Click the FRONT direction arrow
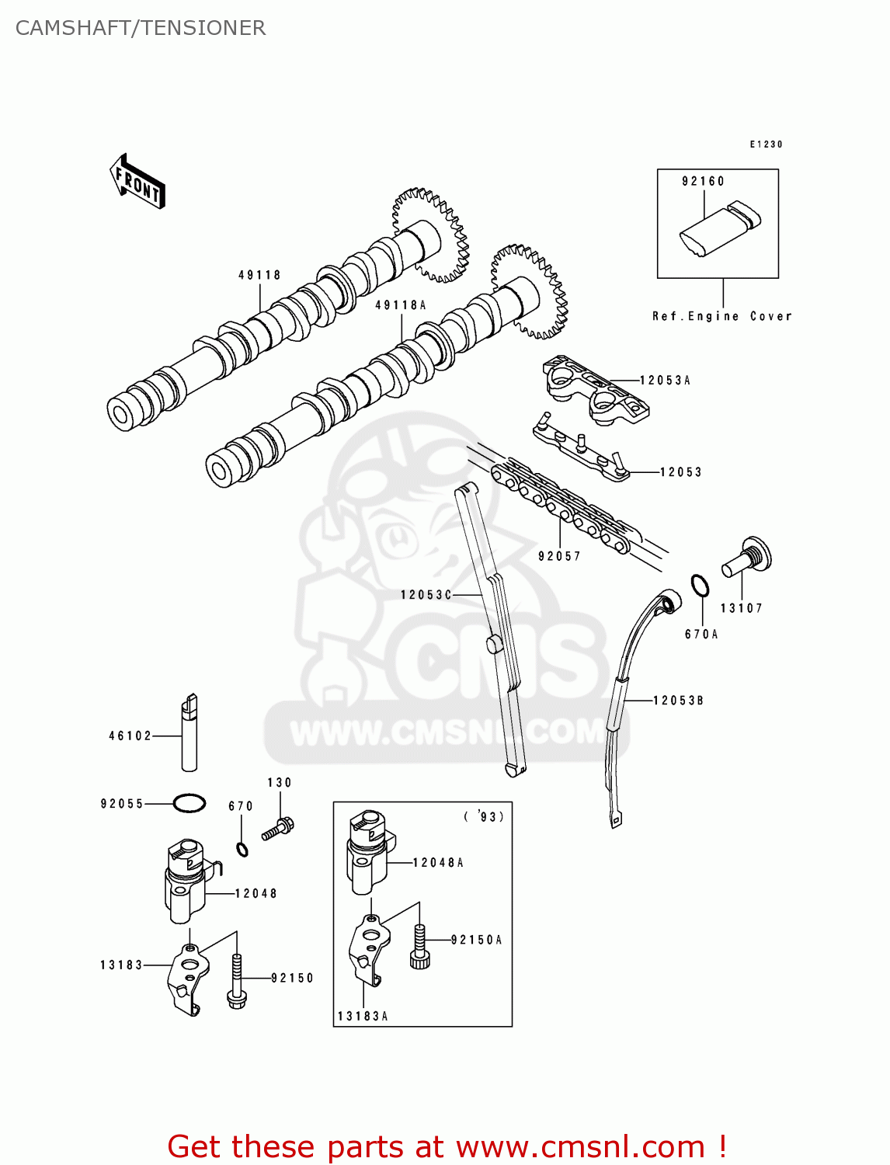click(138, 182)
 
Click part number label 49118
click(259, 275)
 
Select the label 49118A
click(401, 305)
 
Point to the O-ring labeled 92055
click(189, 803)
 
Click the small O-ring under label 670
click(242, 849)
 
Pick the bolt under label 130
click(278, 829)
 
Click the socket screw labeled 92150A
click(420, 948)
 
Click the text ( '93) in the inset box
click(484, 816)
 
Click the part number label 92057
click(559, 556)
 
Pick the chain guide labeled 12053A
click(594, 393)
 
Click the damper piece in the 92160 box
click(718, 229)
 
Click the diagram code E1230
click(766, 144)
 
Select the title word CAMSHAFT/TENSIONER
click(141, 28)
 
